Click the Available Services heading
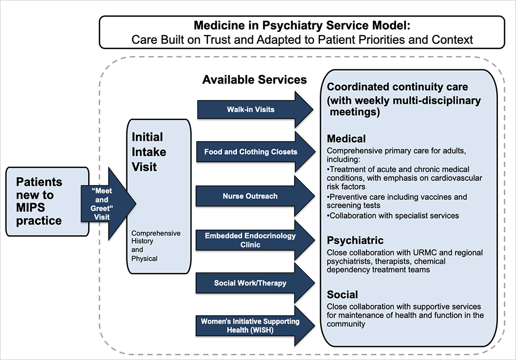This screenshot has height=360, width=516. coord(254,80)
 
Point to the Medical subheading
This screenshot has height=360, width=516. coord(346,139)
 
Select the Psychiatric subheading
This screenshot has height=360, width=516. coord(355,241)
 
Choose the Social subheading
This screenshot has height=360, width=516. coord(342,295)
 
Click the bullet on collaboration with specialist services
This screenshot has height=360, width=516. coord(392,215)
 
